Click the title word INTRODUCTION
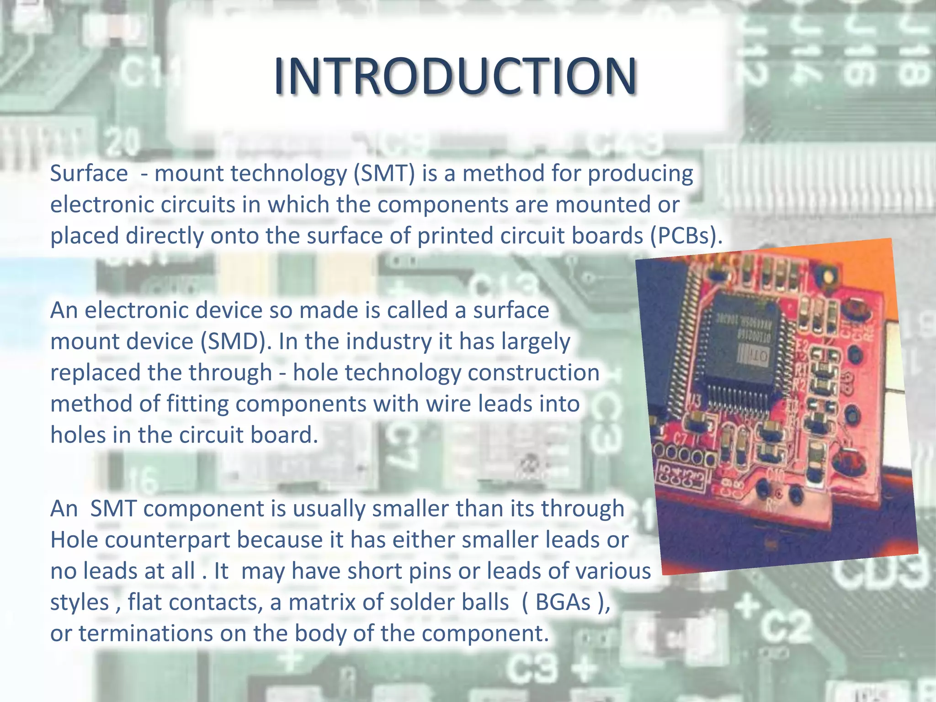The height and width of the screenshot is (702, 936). coord(455,77)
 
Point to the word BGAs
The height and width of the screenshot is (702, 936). coord(563,602)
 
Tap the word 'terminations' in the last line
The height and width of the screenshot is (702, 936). coord(145,633)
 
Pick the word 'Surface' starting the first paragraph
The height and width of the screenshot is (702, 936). coord(89,174)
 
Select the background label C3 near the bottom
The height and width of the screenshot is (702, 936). coord(532,668)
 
